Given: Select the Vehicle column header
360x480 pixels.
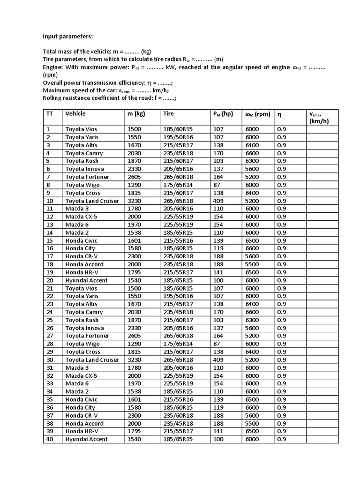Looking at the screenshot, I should coord(75,113).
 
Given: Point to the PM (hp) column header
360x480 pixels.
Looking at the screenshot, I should coord(223,113).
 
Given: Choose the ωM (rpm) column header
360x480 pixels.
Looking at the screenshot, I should coord(258,114).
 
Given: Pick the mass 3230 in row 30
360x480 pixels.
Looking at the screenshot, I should coord(135,360).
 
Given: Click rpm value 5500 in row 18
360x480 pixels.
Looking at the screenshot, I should coord(252,264).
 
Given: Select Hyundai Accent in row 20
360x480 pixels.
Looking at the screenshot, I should coord(86,280).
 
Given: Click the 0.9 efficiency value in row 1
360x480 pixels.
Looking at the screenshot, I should coord(281,129).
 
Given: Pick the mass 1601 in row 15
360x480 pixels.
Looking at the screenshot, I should coord(135,240).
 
